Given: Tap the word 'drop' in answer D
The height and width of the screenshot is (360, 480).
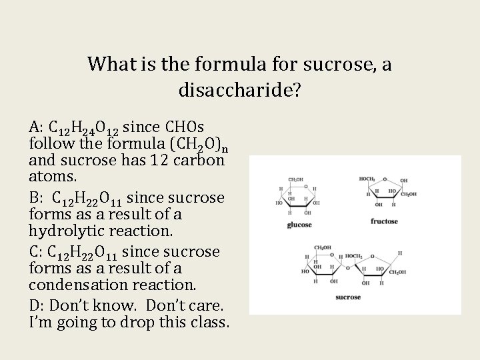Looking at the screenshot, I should [x=143, y=323].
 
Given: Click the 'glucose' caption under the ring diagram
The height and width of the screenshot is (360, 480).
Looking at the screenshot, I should [x=299, y=225].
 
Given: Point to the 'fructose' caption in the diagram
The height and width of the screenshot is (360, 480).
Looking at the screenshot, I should [x=384, y=221].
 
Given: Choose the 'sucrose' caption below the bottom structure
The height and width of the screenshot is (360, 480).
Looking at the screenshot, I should [x=348, y=297].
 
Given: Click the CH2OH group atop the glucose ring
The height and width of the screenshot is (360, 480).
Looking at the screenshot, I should [x=296, y=179].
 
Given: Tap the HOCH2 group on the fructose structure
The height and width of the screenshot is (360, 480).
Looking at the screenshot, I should [x=367, y=179].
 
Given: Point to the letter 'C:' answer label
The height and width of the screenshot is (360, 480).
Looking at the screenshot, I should [x=37, y=252].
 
